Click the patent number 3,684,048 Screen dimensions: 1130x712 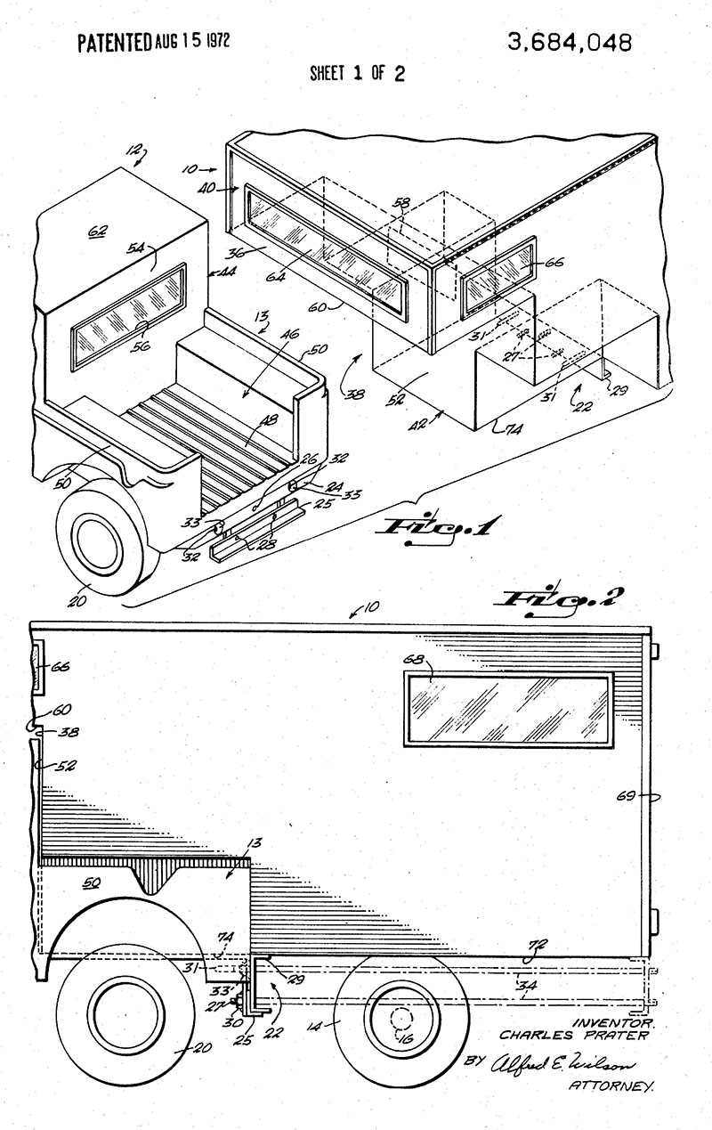(570, 42)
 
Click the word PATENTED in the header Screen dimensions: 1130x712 (114, 42)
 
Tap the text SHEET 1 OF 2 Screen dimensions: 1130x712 (357, 73)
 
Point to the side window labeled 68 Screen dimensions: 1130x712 (508, 710)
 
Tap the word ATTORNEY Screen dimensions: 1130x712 (611, 1085)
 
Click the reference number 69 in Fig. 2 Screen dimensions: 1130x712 (627, 795)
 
